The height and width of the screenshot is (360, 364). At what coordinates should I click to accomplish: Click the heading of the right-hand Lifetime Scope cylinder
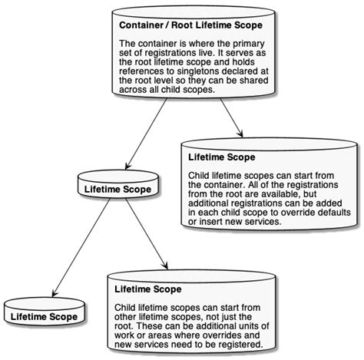pyautogui.click(x=222, y=158)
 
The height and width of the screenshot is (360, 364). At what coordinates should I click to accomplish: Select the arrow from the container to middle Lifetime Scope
pyautogui.click(x=145, y=134)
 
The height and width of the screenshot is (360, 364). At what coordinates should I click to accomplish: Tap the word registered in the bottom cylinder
pyautogui.click(x=240, y=345)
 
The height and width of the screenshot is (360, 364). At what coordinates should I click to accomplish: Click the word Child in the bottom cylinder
pyautogui.click(x=126, y=307)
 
